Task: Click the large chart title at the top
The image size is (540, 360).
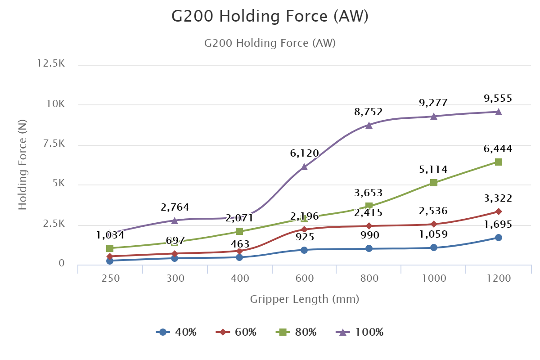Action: (x=270, y=16)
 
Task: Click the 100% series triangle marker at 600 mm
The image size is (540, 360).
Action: (x=304, y=166)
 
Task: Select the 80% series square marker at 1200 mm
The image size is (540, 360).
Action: (x=499, y=162)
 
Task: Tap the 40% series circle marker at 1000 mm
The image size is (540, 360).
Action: (x=434, y=247)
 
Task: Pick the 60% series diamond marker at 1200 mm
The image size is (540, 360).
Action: (x=499, y=211)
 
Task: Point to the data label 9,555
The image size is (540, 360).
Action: (x=498, y=99)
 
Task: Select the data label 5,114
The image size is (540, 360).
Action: (x=433, y=170)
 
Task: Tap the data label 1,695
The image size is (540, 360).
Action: (x=498, y=225)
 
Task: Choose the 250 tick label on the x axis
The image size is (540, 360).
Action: (x=111, y=278)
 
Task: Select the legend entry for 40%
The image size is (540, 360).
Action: (x=176, y=333)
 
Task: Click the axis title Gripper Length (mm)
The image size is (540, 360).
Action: (x=305, y=299)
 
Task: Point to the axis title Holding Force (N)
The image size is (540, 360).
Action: (x=22, y=164)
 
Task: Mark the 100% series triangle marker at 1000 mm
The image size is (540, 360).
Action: (x=434, y=117)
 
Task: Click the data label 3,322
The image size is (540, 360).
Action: (x=498, y=198)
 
